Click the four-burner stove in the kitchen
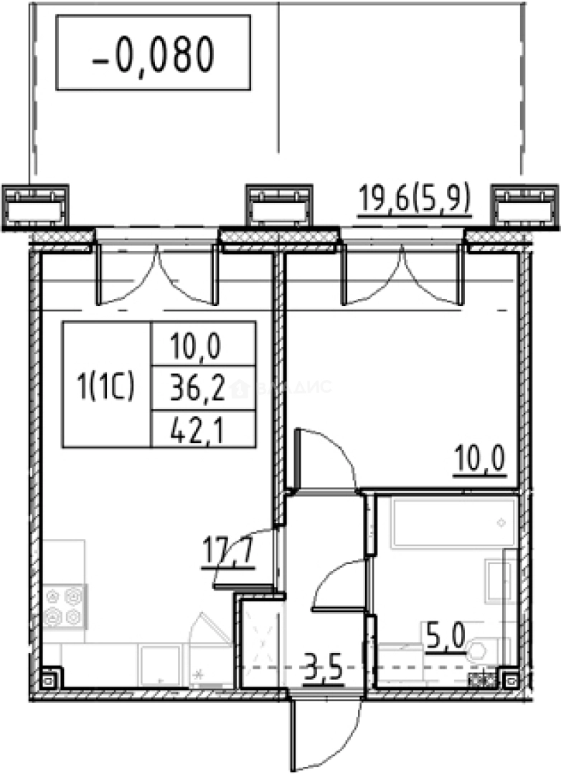click(64, 606)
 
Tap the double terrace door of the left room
click(156, 272)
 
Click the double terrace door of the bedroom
click(400, 272)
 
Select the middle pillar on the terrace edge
click(279, 205)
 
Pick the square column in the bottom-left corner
click(49, 678)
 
